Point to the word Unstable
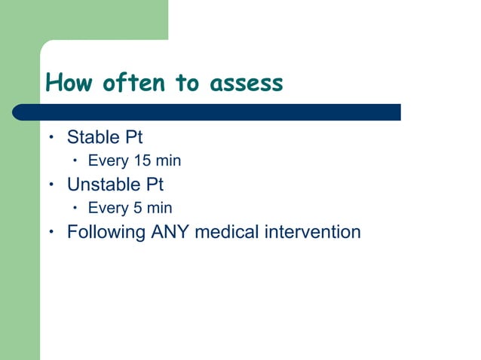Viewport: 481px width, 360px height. tap(101, 185)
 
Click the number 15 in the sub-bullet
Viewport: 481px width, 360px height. tap(141, 161)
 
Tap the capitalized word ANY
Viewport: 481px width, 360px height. tap(170, 232)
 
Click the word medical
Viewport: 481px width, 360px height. tap(227, 232)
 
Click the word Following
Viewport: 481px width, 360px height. tap(106, 232)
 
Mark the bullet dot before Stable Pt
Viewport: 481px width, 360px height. tap(51, 138)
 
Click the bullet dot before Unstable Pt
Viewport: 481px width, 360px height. tap(51, 185)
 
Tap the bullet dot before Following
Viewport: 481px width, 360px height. tap(51, 231)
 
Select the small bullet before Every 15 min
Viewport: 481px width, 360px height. tap(75, 160)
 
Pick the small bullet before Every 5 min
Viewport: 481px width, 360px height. tap(75, 207)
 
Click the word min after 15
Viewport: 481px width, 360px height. tap(168, 161)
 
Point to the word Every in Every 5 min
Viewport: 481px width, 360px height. tap(108, 208)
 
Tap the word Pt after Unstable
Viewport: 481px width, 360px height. tap(153, 185)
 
